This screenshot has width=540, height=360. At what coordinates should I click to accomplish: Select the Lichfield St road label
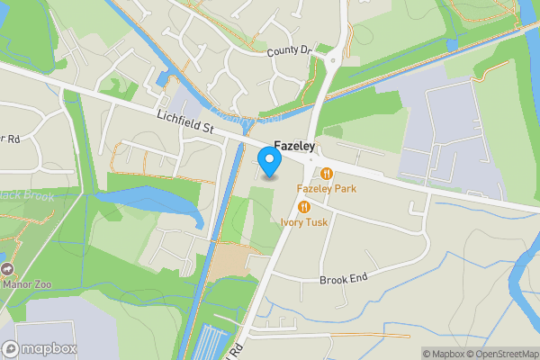(x=184, y=123)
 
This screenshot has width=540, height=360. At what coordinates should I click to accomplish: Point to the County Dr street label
(x=288, y=52)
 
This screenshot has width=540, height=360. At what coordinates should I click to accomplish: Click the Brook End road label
(x=344, y=280)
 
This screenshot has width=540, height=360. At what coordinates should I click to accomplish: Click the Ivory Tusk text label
(x=304, y=221)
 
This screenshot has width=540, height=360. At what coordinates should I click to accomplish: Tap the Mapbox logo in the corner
(x=40, y=348)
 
